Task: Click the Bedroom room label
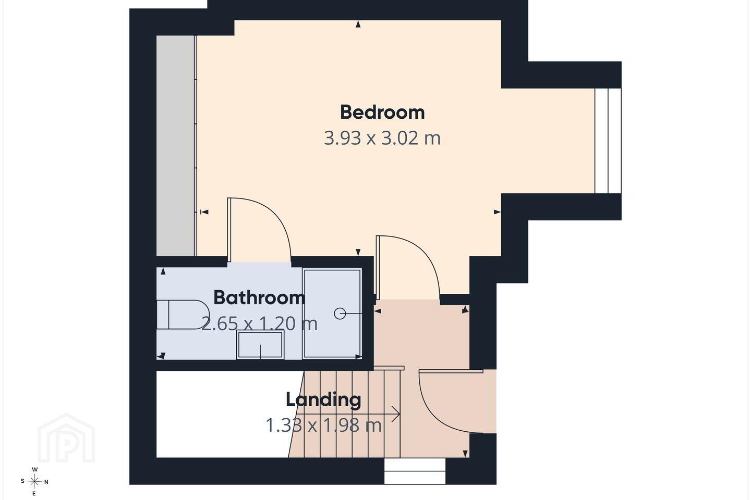pos(382,112)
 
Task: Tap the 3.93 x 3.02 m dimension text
pos(382,138)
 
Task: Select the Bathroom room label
pos(259,297)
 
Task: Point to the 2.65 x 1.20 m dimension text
pos(259,323)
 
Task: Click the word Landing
pos(323,400)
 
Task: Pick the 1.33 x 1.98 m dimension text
pos(323,426)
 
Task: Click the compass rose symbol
pos(34,482)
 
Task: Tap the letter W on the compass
pos(34,469)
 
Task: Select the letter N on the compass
pos(46,482)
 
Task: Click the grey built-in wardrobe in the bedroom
pos(176,146)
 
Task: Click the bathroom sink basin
pos(260,344)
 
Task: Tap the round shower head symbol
pos(340,314)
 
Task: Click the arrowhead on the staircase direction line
pos(396,415)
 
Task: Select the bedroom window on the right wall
pos(608,141)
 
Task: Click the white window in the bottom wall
pos(415,471)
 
